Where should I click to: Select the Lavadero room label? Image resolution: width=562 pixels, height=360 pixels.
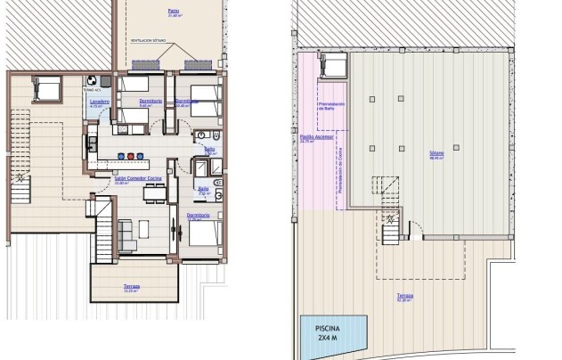[x=99, y=102]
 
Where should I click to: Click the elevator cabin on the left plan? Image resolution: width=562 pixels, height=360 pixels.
[x=46, y=87]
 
